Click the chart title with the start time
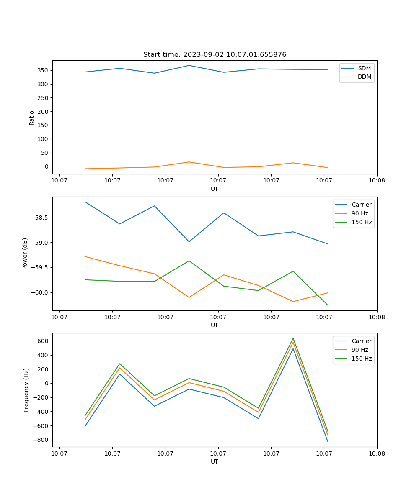click(215, 55)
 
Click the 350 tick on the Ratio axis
click(43, 70)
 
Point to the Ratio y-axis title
click(32, 118)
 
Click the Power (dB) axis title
click(25, 254)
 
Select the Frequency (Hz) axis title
click(26, 390)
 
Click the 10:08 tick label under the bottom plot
click(377, 453)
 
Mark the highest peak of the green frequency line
click(293, 338)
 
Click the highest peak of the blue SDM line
click(189, 65)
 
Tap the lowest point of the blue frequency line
click(328, 441)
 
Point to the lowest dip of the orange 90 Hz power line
click(293, 301)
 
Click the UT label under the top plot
click(215, 189)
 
